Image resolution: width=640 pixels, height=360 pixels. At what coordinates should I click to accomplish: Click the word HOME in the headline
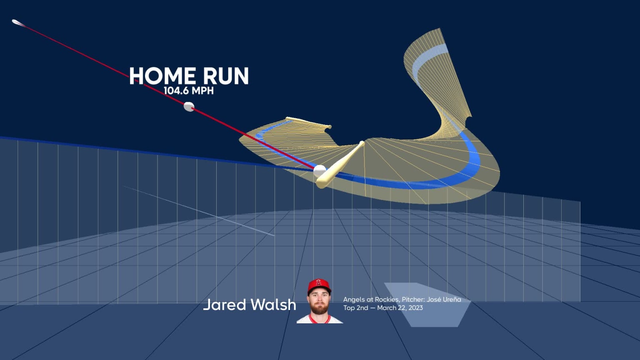162,76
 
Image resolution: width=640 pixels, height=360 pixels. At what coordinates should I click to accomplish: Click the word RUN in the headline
225,76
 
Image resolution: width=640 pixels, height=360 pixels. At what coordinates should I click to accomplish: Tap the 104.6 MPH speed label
188,90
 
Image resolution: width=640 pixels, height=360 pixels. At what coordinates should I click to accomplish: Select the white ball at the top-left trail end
17,22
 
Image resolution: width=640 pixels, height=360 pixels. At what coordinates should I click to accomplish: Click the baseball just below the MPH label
189,107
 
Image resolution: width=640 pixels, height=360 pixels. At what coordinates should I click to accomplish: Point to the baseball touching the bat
319,170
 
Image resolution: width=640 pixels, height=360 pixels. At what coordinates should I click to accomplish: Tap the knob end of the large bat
361,143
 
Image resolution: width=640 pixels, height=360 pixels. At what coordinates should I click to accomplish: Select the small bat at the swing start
308,122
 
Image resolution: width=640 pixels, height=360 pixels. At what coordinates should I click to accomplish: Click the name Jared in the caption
225,305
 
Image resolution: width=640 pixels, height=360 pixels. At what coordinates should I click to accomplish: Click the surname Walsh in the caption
273,305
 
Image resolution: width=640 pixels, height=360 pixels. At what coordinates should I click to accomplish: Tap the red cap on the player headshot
319,286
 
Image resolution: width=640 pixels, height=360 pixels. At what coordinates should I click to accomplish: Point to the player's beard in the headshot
320,309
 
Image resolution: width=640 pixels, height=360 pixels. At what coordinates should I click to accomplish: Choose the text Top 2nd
355,308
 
